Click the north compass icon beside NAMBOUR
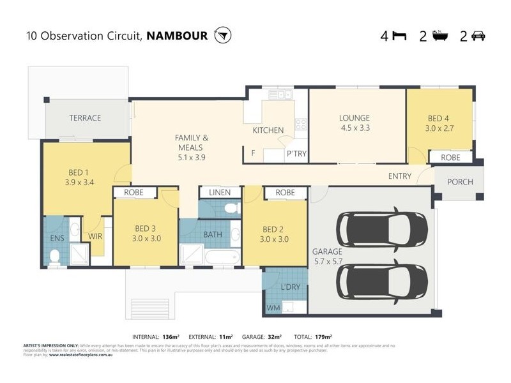click(x=223, y=35)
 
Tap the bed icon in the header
click(x=399, y=36)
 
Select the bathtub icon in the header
click(x=439, y=35)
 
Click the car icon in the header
click(x=478, y=36)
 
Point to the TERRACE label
click(x=86, y=118)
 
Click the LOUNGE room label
click(x=355, y=118)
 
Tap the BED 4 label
click(x=439, y=118)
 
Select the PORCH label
click(x=460, y=182)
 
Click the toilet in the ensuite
click(x=55, y=257)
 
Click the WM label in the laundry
click(x=273, y=308)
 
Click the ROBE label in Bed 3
click(x=134, y=192)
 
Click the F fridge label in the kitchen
click(x=254, y=154)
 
